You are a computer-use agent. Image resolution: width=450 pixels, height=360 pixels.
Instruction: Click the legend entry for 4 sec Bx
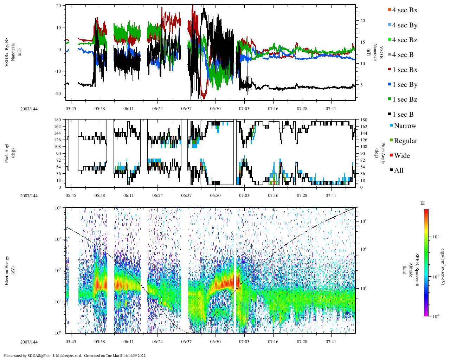pos(404,10)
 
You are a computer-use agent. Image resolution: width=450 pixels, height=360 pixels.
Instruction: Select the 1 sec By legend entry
pos(404,85)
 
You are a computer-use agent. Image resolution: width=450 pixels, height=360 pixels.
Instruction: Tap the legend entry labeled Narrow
pos(404,126)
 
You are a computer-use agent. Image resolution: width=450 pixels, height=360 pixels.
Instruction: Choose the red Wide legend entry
pos(401,156)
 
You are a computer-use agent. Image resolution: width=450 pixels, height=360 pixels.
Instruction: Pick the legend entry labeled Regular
pos(405,141)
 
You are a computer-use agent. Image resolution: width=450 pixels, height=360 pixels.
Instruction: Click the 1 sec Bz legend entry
pos(404,99)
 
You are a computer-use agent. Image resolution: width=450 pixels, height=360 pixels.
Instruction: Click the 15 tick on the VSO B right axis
pos(362,42)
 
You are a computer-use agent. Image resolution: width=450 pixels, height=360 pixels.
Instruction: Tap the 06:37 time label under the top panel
pos(186,109)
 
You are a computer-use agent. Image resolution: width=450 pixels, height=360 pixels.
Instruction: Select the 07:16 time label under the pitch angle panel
pos(273,195)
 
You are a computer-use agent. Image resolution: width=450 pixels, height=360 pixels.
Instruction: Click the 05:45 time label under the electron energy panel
pos(71,342)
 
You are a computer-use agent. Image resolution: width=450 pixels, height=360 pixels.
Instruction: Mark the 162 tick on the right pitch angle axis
pos(364,127)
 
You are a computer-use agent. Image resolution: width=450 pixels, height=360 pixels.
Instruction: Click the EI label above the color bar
pos(423,203)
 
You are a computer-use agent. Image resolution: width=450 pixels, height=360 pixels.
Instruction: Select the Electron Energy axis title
pos(7,270)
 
